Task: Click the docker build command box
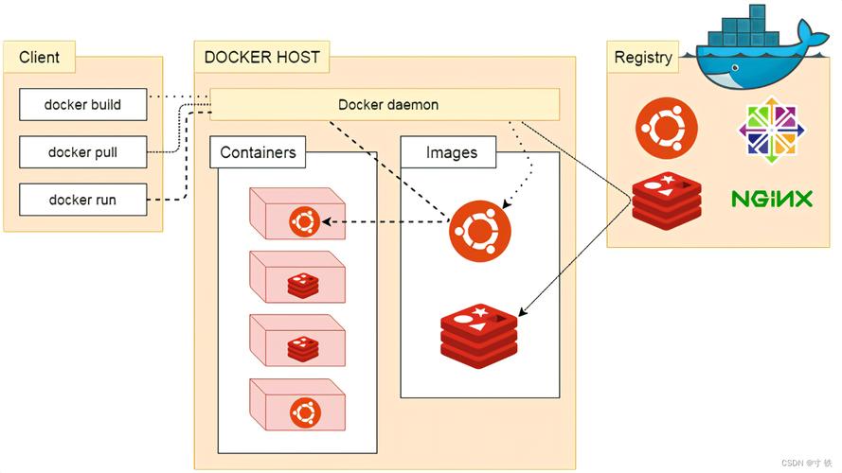click(x=82, y=105)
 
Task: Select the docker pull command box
click(x=82, y=151)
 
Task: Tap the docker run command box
click(x=82, y=200)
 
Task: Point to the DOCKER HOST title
click(x=261, y=57)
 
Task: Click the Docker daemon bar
click(x=387, y=104)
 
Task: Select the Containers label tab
click(x=258, y=151)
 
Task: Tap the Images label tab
click(x=451, y=151)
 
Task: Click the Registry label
click(x=643, y=57)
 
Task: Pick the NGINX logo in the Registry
click(x=772, y=199)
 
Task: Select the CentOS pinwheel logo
click(x=771, y=130)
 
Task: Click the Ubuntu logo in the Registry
click(x=667, y=129)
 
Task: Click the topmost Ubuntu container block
click(x=296, y=214)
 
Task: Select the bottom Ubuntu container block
click(x=296, y=405)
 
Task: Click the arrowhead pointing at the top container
click(x=328, y=222)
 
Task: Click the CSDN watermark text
click(x=805, y=463)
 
